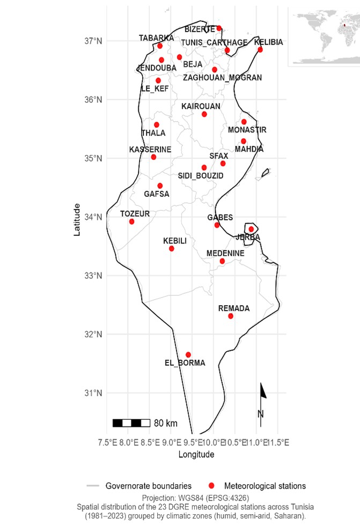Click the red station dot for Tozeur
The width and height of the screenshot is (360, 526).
[131, 221]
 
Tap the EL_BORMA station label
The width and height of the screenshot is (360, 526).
[185, 363]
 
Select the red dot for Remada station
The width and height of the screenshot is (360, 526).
[231, 316]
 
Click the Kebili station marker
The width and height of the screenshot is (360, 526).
[172, 248]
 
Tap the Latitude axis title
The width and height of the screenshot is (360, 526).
[78, 219]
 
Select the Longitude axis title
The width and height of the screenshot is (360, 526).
[196, 455]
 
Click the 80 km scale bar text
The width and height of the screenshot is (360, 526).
[165, 423]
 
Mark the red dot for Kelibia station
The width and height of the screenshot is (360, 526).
[260, 49]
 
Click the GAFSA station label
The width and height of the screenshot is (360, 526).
[156, 194]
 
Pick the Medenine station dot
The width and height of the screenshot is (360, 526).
[222, 261]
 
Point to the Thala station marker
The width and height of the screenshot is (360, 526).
[157, 125]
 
